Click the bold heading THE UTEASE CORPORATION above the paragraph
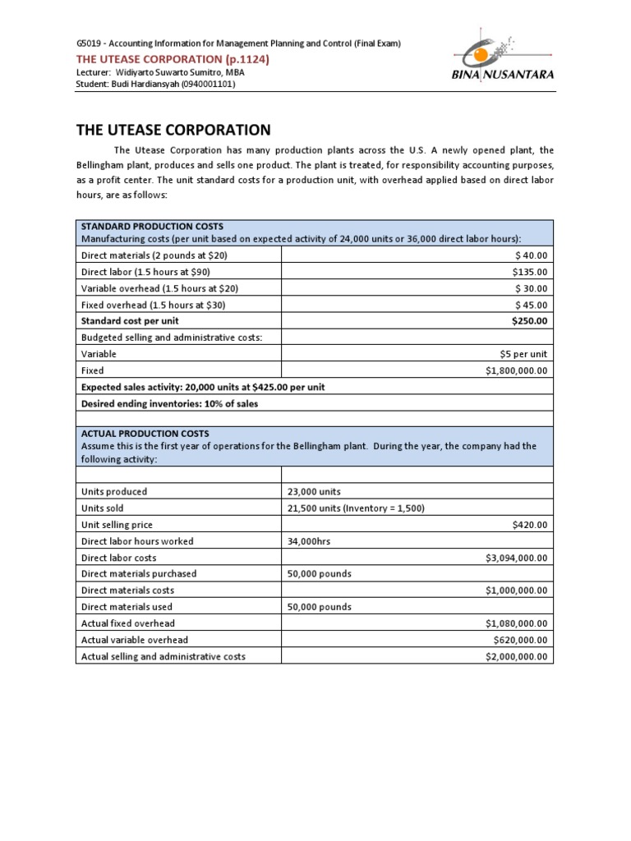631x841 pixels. pos(173,130)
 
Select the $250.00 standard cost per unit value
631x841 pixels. pos(529,321)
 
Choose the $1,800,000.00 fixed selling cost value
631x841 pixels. pos(516,370)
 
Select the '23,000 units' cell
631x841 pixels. pos(314,492)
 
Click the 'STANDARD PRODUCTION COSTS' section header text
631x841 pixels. pos(152,227)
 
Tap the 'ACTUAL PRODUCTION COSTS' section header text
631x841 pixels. pos(145,434)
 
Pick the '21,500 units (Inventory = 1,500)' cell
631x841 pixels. pos(356,508)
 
